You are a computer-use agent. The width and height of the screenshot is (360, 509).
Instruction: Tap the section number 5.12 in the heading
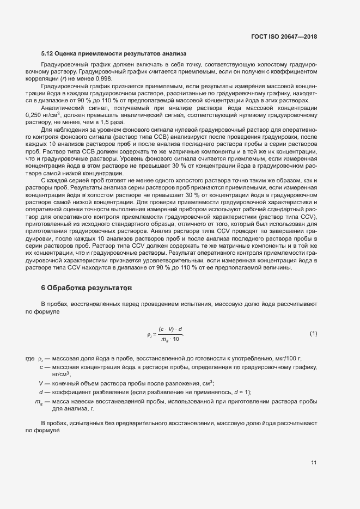pyautogui.click(x=47, y=54)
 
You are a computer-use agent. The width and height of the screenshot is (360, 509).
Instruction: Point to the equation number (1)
pyautogui.click(x=313, y=333)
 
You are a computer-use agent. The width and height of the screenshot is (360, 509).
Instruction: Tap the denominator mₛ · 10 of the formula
pyautogui.click(x=170, y=340)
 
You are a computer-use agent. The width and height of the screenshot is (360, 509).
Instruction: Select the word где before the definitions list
pyautogui.click(x=30, y=358)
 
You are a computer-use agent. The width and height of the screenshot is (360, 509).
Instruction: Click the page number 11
pyautogui.click(x=314, y=463)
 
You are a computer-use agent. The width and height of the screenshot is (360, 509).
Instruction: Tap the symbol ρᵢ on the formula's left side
pyautogui.click(x=150, y=334)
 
